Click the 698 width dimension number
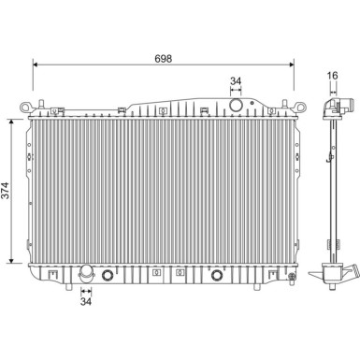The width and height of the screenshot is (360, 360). click(164, 58)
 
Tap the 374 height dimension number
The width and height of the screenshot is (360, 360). click(7, 192)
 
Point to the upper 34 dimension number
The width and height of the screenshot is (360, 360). click(236, 82)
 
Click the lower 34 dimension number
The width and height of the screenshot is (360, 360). click(86, 302)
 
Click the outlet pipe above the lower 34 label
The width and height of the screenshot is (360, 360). click(86, 275)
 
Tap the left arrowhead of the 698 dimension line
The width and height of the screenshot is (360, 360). click(36, 65)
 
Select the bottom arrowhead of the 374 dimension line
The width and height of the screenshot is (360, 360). click(11, 264)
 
